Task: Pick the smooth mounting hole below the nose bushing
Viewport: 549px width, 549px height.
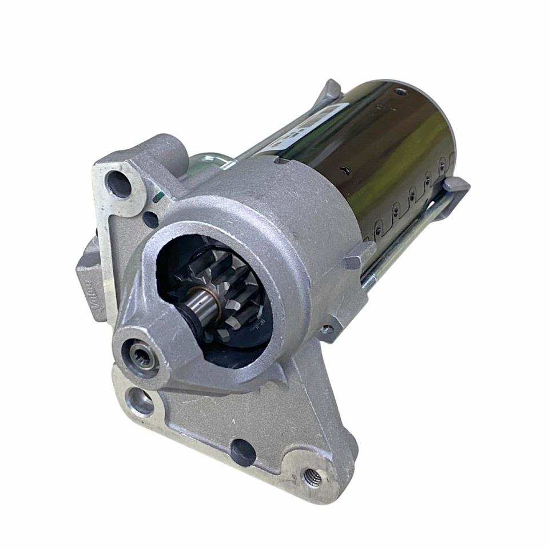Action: click(x=139, y=401)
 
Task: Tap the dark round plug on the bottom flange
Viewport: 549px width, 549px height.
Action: click(x=244, y=451)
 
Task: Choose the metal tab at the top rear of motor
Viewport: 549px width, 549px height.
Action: click(x=331, y=90)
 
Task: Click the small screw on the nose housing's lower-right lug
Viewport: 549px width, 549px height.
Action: click(x=327, y=330)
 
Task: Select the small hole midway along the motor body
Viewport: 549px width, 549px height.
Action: click(x=344, y=170)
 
